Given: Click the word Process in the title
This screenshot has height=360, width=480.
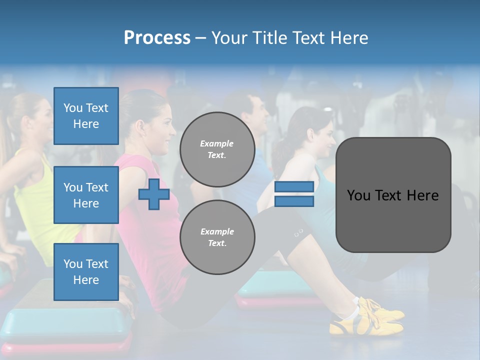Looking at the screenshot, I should (157, 38).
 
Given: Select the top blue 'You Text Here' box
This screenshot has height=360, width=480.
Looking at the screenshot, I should (86, 116).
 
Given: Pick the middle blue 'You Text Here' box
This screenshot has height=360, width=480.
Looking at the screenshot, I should (86, 195).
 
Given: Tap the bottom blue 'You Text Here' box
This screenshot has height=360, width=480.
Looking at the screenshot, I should (86, 272).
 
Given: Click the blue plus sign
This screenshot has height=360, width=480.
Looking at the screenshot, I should (154, 194).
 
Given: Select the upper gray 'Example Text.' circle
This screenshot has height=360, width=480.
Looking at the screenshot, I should (217, 149).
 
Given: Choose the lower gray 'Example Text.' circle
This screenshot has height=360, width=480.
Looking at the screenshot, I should (217, 237).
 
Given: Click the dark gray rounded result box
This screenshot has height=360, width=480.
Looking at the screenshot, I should (393, 195).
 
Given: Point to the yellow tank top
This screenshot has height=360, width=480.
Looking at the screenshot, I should (35, 200).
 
